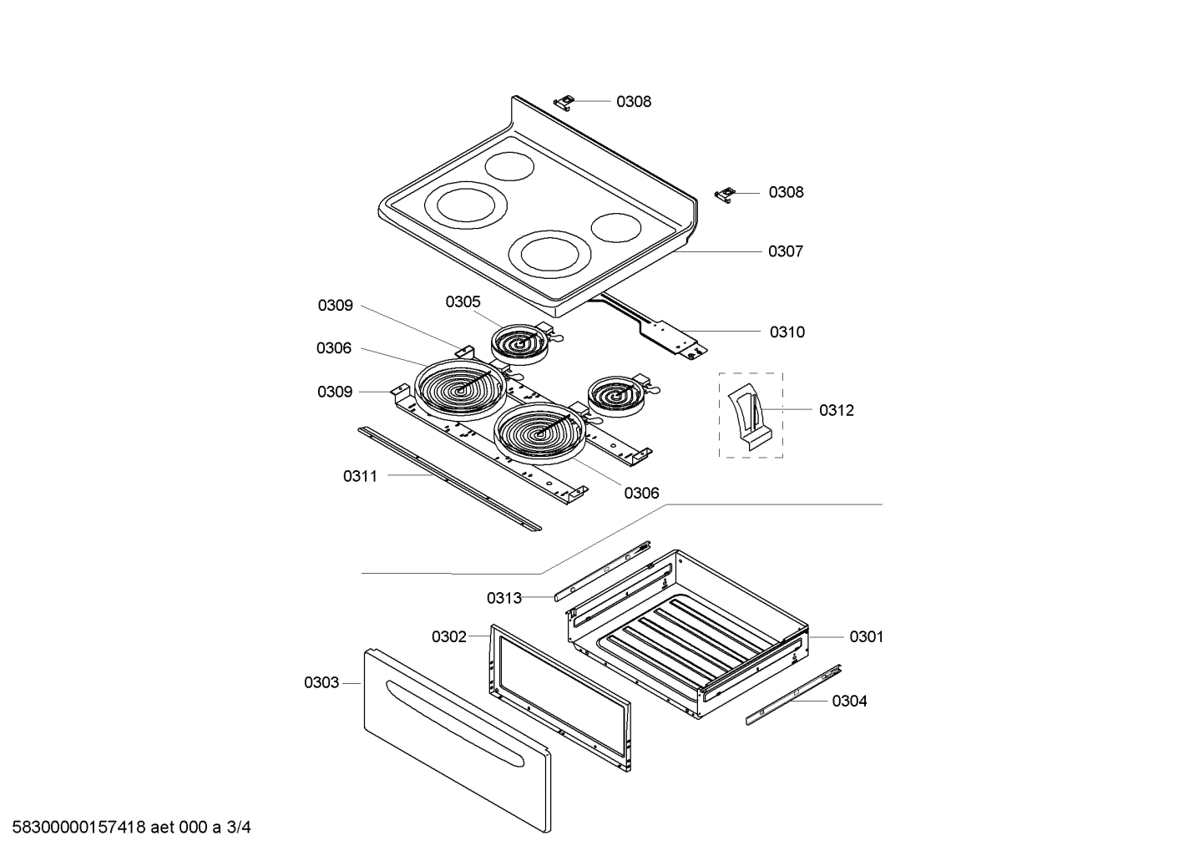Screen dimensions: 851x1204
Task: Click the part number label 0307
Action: pyautogui.click(x=785, y=251)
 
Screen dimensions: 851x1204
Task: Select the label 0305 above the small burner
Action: pyautogui.click(x=463, y=301)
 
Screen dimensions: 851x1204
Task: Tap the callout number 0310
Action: pyautogui.click(x=787, y=332)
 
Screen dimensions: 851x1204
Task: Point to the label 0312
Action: pyautogui.click(x=836, y=410)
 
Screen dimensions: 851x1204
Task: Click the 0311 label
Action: pyautogui.click(x=360, y=476)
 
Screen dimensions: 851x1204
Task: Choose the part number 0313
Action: pyautogui.click(x=503, y=598)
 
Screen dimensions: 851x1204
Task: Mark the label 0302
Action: pyautogui.click(x=448, y=637)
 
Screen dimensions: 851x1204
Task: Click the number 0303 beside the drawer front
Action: pyautogui.click(x=321, y=683)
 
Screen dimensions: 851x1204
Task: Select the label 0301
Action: pyautogui.click(x=866, y=637)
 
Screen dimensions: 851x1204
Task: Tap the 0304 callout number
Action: pyautogui.click(x=849, y=702)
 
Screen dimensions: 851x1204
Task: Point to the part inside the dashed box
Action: pyautogui.click(x=750, y=416)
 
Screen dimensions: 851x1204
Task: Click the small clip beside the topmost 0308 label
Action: pyautogui.click(x=564, y=102)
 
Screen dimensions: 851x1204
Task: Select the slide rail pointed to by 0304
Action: pyautogui.click(x=793, y=695)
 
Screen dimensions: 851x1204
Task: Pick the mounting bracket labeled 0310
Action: pyautogui.click(x=668, y=333)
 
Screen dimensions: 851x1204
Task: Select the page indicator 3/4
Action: pyautogui.click(x=239, y=828)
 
